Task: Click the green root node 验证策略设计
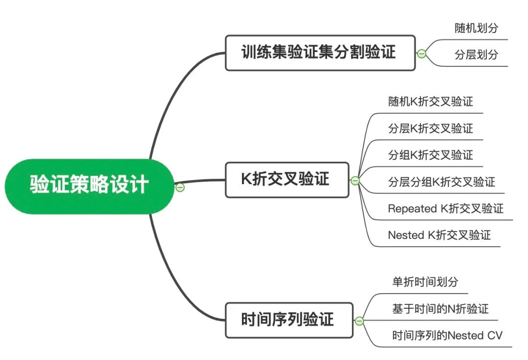click(89, 186)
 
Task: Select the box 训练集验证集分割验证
click(320, 53)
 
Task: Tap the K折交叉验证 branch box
click(287, 180)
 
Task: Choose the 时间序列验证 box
click(288, 320)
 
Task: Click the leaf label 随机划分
click(476, 28)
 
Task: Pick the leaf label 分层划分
click(476, 55)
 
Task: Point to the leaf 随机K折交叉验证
click(430, 102)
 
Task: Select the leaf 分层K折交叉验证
click(430, 128)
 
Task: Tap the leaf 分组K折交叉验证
click(430, 155)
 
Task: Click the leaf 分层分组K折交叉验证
click(441, 182)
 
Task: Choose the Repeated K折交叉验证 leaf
click(445, 209)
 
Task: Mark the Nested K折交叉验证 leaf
click(439, 235)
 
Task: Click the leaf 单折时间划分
click(425, 282)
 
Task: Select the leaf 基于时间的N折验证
click(440, 309)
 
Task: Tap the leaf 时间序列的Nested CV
click(447, 336)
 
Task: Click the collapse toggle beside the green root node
click(180, 187)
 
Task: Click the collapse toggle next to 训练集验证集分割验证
click(421, 54)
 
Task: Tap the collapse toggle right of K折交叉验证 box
click(355, 181)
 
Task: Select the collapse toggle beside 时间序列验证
click(359, 321)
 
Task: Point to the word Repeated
click(412, 209)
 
